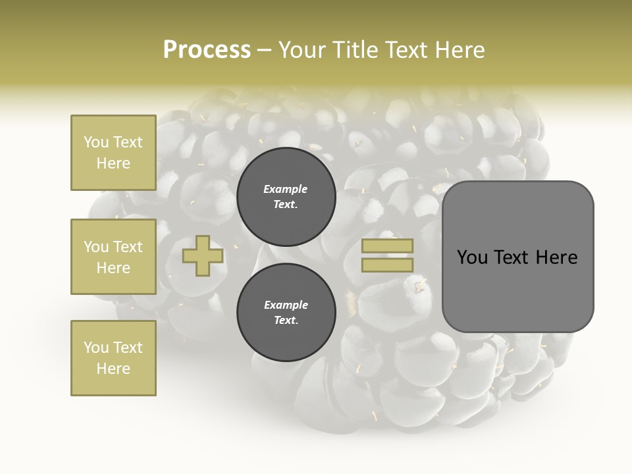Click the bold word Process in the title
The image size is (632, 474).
click(x=207, y=49)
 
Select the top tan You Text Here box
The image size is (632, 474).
click(x=113, y=153)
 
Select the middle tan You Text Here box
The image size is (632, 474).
click(x=113, y=257)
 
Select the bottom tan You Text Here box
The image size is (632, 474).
click(x=113, y=358)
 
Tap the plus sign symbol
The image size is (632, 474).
click(x=203, y=256)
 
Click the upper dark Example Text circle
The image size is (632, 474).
click(x=286, y=197)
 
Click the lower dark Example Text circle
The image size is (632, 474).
click(x=286, y=313)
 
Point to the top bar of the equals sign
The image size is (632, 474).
click(x=388, y=246)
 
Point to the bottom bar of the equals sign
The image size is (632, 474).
click(x=388, y=265)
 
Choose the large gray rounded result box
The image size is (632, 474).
click(x=517, y=256)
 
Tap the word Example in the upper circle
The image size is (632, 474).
click(x=286, y=189)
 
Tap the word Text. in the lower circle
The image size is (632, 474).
click(x=286, y=321)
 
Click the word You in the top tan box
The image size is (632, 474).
click(x=96, y=142)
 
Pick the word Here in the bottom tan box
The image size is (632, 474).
click(x=113, y=369)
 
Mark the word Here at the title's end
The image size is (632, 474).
click(x=460, y=50)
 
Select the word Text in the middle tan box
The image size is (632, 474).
click(x=127, y=247)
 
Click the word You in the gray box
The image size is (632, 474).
click(x=472, y=257)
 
